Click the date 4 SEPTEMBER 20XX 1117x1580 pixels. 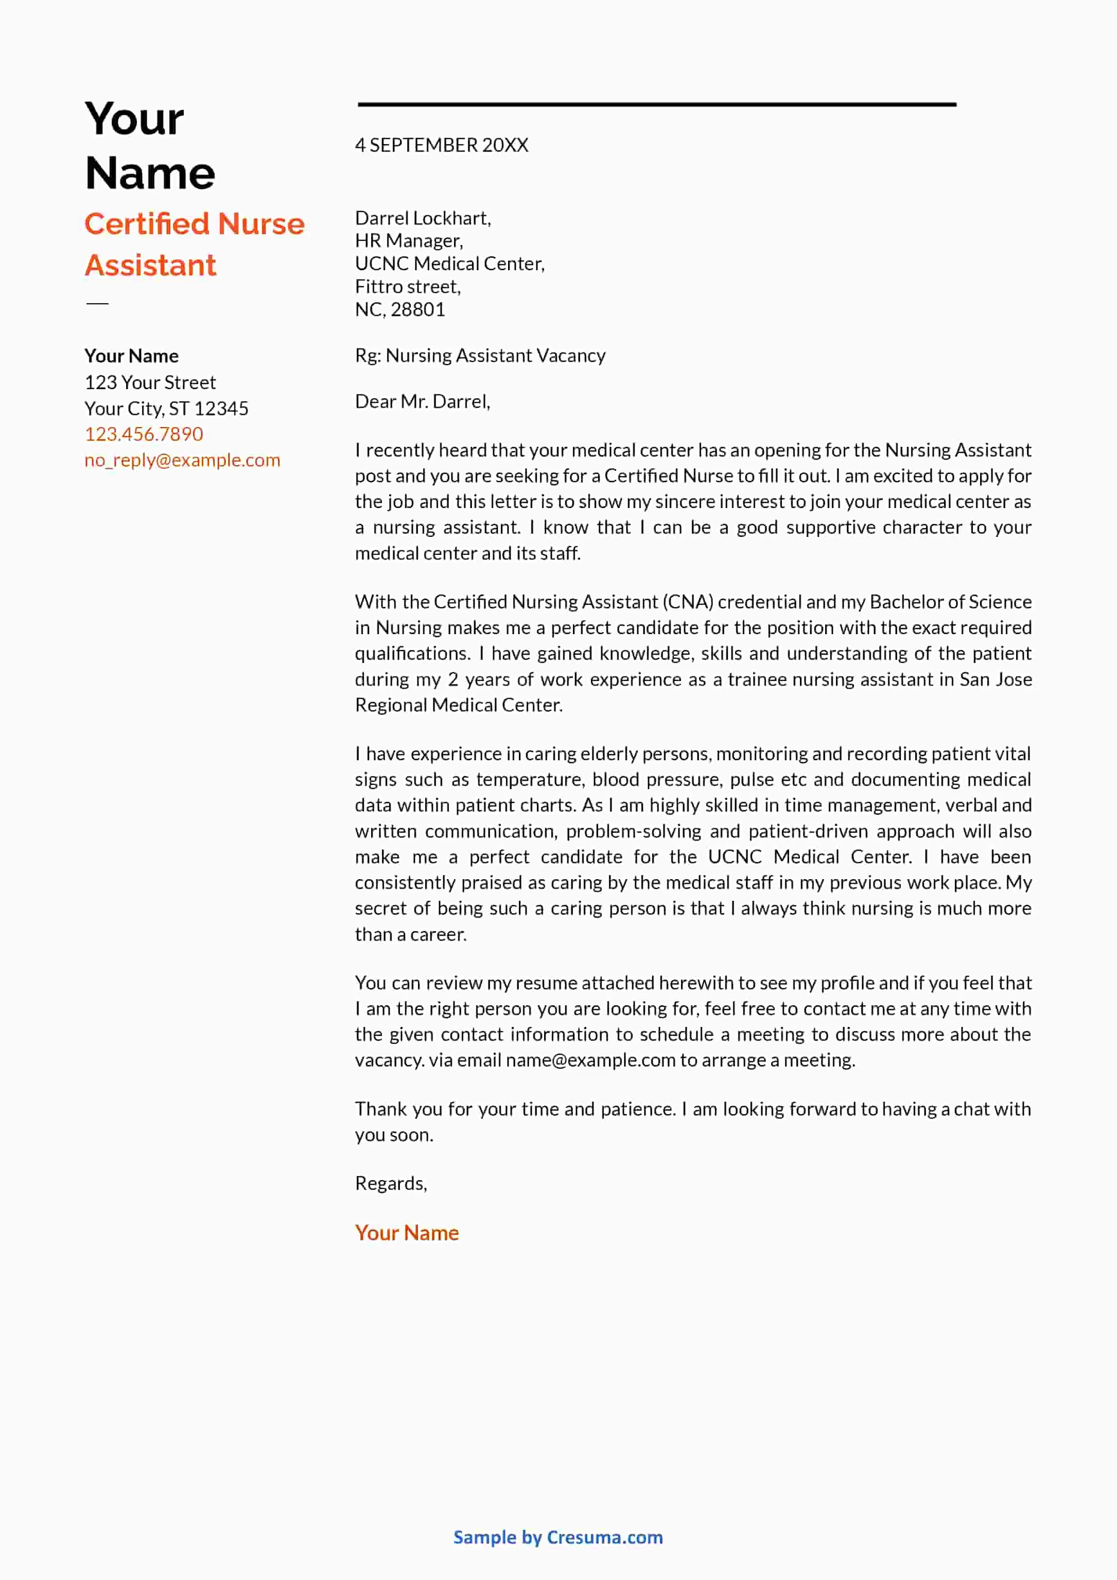point(441,145)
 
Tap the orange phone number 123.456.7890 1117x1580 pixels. point(144,434)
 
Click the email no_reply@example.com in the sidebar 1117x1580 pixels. point(182,460)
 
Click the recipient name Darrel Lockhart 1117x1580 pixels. point(422,218)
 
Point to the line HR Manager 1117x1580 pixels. point(409,241)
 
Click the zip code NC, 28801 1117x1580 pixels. point(400,310)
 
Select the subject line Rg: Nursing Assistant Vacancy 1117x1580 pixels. point(480,356)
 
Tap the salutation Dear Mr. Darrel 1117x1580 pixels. point(422,402)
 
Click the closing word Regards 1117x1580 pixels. point(390,1184)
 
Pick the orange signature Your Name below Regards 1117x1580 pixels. point(407,1233)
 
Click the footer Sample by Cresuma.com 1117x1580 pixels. point(558,1537)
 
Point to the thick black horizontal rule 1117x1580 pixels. point(657,104)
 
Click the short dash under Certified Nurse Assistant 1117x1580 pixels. point(97,304)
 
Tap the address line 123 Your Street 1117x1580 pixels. point(150,382)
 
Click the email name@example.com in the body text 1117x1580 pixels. point(590,1060)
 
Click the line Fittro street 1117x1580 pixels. point(408,287)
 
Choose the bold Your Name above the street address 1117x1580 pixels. point(132,356)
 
